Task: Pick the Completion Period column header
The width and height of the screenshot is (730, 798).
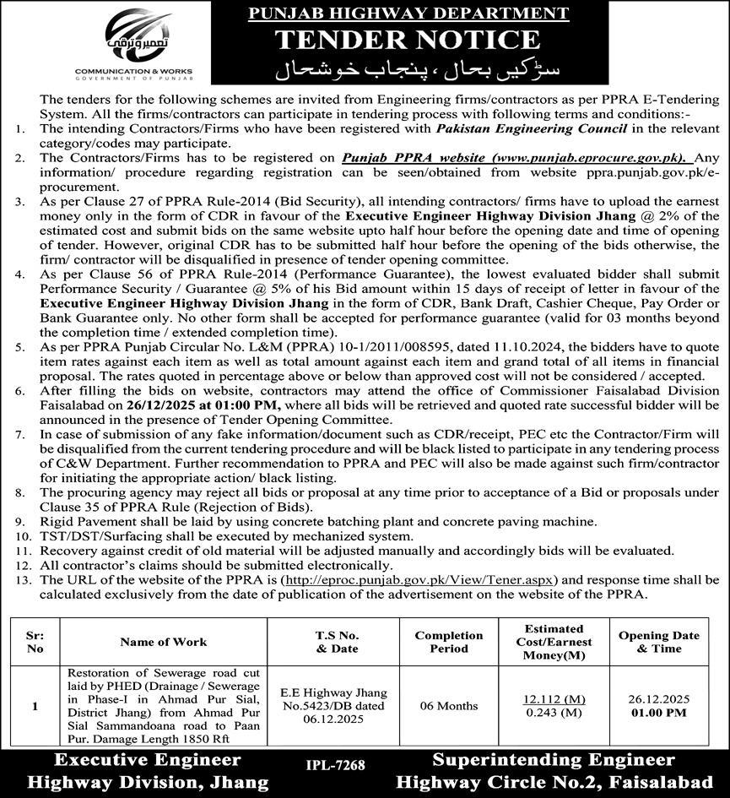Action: [449, 642]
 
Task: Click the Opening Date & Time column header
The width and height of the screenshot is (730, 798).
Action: [659, 642]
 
